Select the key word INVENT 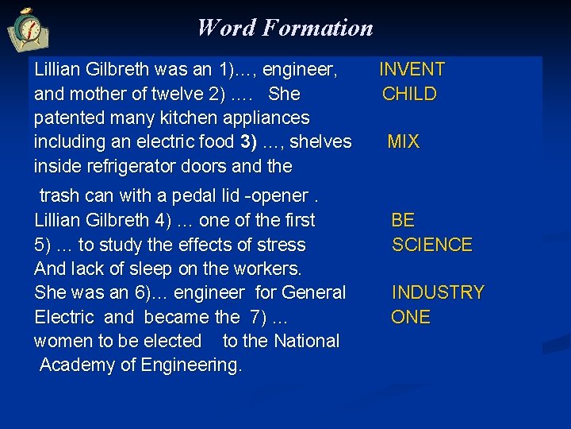[412, 70]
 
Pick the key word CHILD [409, 94]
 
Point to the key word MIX [403, 142]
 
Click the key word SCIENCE [431, 245]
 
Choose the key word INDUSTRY [438, 292]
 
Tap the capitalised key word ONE [411, 317]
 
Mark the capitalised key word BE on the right [403, 220]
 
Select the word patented [68, 118]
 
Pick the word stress [279, 245]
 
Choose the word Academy [75, 365]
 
